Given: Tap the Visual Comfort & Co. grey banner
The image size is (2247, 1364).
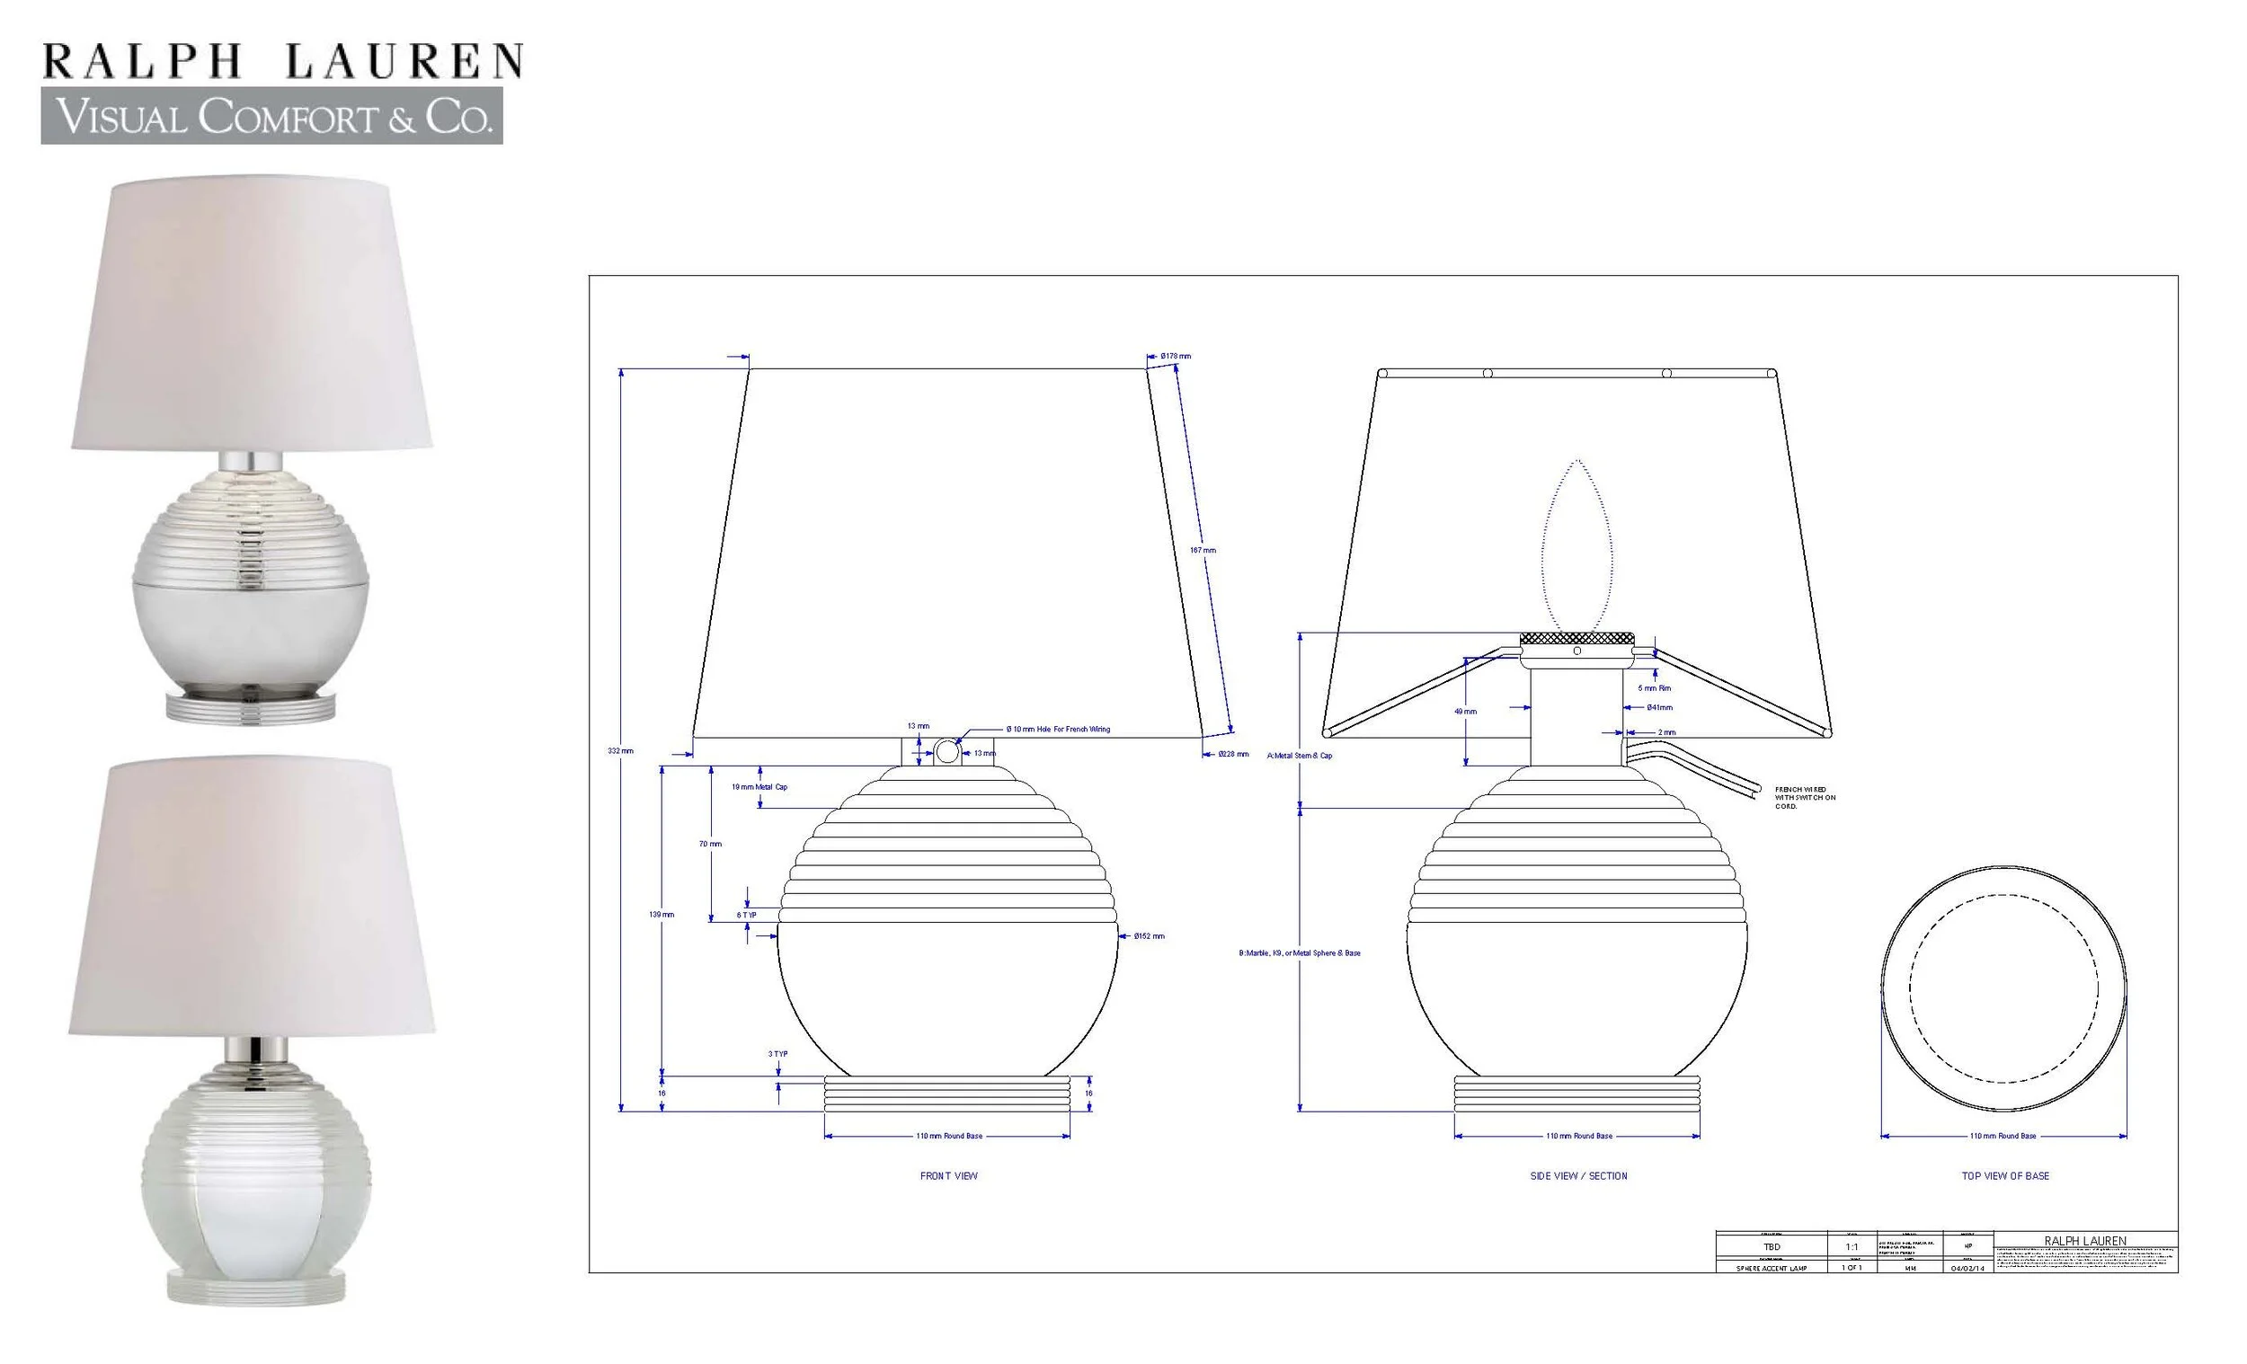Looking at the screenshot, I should (271, 117).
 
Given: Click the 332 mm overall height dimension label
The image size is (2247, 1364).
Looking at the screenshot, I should (620, 750).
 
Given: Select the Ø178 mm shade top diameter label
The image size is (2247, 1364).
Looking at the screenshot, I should (1176, 356).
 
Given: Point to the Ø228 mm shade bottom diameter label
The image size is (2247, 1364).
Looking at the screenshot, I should (1233, 754).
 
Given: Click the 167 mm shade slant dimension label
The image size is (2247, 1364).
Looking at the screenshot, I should (1202, 550).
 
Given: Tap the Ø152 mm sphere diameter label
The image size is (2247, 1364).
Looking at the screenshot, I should (1149, 935).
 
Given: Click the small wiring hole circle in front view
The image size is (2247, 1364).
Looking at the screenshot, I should (947, 752).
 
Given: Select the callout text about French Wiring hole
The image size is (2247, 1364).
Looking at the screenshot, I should (1058, 730).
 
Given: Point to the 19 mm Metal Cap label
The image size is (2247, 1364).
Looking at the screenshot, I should (759, 787).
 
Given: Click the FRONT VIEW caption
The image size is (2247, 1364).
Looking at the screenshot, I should (948, 1176).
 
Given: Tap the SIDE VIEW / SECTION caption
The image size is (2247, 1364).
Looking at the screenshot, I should (1578, 1176).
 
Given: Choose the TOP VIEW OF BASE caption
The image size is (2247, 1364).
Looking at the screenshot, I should (2005, 1176).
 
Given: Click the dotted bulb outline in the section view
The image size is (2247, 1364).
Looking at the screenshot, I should (1576, 547).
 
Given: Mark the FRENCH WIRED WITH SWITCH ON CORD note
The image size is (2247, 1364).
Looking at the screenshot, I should (1805, 798).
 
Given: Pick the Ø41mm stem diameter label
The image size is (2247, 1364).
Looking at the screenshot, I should (1660, 707).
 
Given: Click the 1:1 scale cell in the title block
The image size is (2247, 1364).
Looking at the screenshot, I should (1852, 1246).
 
